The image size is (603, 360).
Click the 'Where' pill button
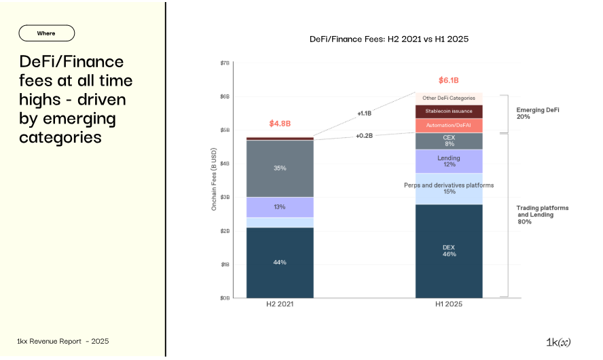click(46, 33)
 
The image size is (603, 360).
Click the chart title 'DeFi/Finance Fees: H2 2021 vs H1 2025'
click(389, 39)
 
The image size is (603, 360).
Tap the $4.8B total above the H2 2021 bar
click(280, 124)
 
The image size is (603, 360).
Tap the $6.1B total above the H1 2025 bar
click(449, 79)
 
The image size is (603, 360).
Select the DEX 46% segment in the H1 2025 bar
click(449, 251)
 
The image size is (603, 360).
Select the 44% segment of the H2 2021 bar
click(280, 262)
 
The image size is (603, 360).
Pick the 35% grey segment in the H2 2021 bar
click(280, 168)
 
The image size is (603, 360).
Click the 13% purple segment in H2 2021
click(280, 206)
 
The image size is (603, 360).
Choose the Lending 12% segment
click(449, 162)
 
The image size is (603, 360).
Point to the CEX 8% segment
click(449, 141)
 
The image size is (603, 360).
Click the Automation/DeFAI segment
click(449, 126)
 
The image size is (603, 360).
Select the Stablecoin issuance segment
click(449, 111)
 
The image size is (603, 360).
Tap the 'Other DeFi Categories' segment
click(449, 98)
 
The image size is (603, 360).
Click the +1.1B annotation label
click(364, 113)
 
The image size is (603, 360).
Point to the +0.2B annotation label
click(364, 136)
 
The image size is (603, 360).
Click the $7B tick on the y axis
click(225, 63)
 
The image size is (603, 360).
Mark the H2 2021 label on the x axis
click(280, 305)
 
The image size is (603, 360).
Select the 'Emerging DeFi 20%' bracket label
click(533, 113)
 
